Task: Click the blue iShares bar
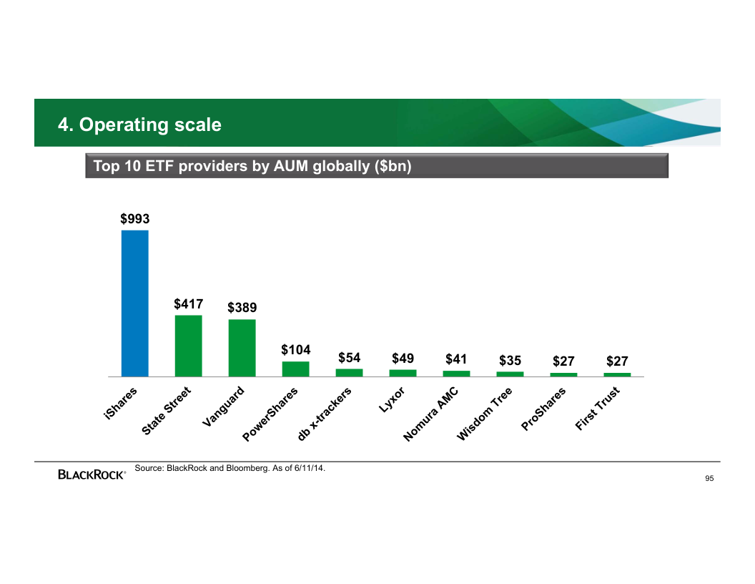(x=135, y=303)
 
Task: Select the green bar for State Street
(x=189, y=346)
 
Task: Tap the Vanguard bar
(x=242, y=348)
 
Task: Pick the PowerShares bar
(x=296, y=369)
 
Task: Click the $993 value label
(x=134, y=218)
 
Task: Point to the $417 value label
(x=188, y=304)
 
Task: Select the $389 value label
(x=242, y=308)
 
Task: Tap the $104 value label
(x=295, y=350)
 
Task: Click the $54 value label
(x=349, y=358)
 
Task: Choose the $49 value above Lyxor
(x=403, y=359)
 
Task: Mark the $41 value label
(x=456, y=359)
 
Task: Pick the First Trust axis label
(x=602, y=409)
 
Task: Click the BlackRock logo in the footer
(x=92, y=474)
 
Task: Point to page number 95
(x=709, y=478)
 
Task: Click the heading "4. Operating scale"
(x=140, y=125)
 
